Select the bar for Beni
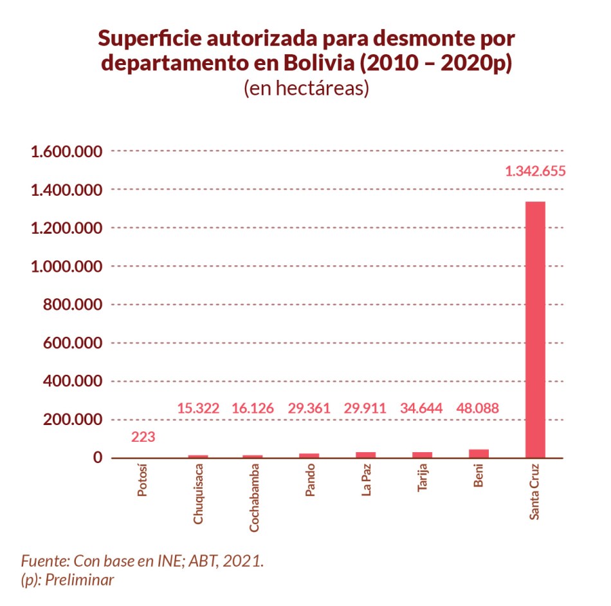tap(479, 453)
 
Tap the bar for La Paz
tap(365, 455)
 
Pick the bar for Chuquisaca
tap(197, 456)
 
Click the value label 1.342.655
tap(535, 171)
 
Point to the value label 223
tap(143, 437)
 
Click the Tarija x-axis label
tap(423, 480)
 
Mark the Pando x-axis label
tap(310, 482)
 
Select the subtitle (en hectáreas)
tap(305, 88)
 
